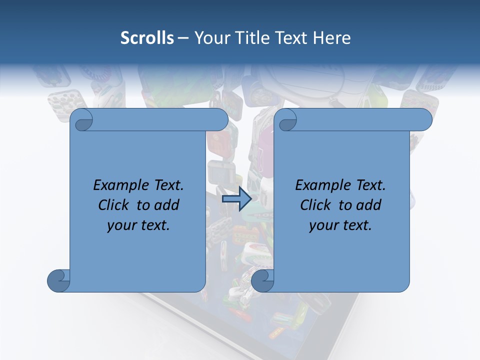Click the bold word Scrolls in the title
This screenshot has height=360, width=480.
click(x=147, y=38)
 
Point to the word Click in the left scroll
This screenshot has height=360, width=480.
click(x=115, y=205)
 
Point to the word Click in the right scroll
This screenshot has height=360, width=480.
click(x=317, y=205)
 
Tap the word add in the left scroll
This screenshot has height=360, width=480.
click(x=166, y=205)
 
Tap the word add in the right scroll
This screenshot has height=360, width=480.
click(x=368, y=205)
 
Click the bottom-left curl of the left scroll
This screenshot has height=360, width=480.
click(x=58, y=280)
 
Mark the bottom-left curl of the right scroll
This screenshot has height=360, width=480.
click(x=262, y=280)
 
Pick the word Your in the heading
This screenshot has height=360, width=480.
click(x=210, y=38)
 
